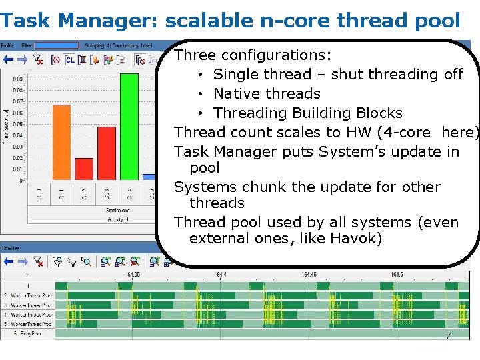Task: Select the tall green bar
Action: [x=129, y=126]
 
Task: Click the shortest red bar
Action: [x=84, y=169]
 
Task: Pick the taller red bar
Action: [x=107, y=153]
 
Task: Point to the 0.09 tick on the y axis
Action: [x=18, y=79]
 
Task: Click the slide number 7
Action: [x=448, y=337]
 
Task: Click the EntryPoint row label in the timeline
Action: [x=27, y=332]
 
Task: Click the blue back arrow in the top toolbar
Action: [x=8, y=59]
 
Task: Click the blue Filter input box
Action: [x=56, y=45]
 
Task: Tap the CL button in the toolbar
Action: [x=69, y=59]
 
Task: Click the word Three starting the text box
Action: [x=195, y=55]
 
